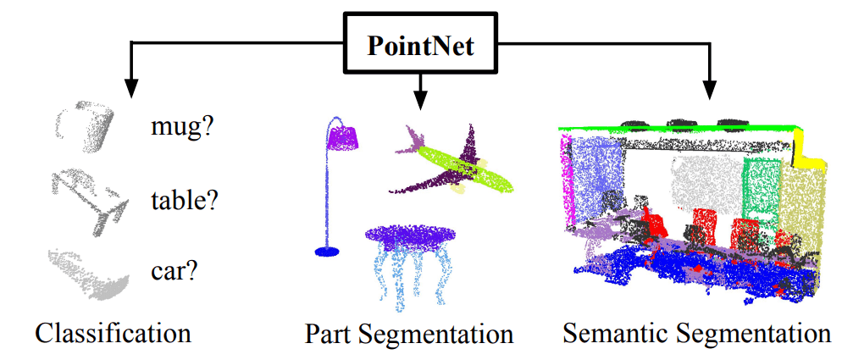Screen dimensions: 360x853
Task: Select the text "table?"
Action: click(184, 201)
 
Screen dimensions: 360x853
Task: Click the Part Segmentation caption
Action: click(409, 333)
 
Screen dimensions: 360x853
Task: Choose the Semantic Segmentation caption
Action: click(696, 332)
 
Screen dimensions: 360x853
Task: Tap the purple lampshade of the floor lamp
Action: click(346, 135)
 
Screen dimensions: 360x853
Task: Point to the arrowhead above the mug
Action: click(131, 86)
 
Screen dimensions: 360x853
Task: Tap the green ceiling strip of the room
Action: click(678, 128)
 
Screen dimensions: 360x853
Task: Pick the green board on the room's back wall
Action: click(761, 187)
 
